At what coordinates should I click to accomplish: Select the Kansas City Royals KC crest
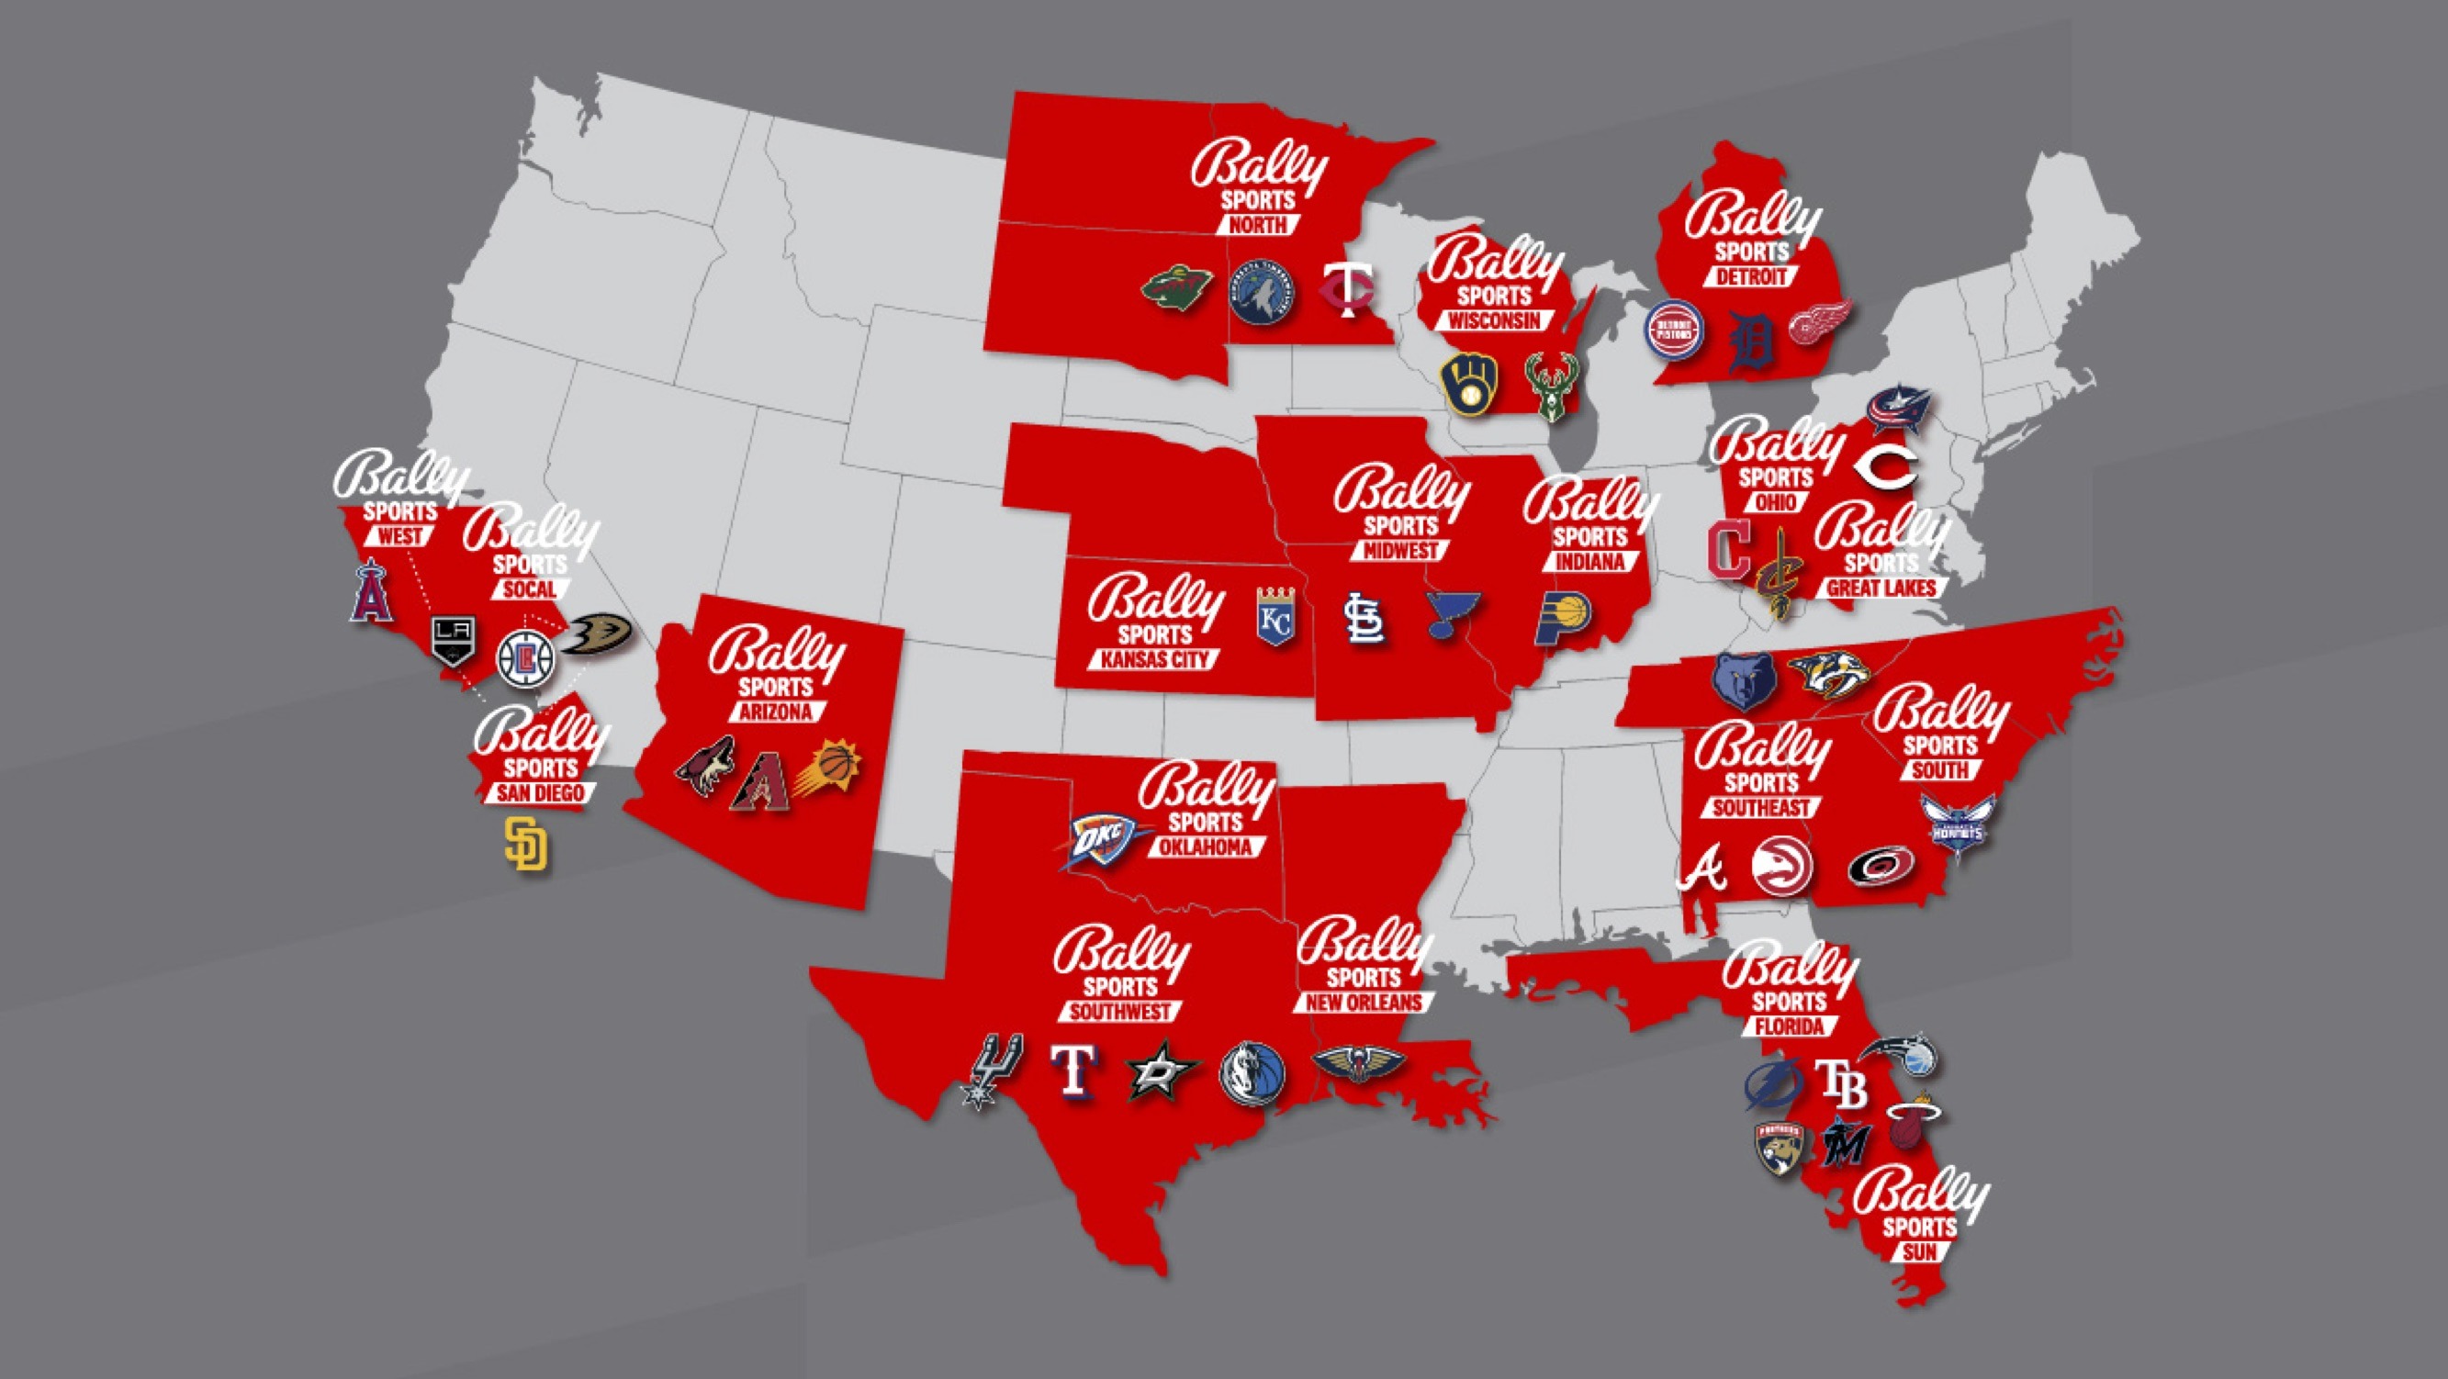tap(1276, 616)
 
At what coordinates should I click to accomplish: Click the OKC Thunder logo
tap(1100, 841)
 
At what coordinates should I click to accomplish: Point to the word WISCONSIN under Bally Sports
tap(1494, 321)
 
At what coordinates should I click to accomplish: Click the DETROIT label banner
tap(1750, 276)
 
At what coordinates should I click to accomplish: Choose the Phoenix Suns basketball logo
tap(828, 768)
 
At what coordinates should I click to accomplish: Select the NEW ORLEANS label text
tap(1362, 1003)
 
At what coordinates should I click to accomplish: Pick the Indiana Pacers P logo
tap(1565, 620)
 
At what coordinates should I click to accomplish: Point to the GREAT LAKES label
tap(1881, 589)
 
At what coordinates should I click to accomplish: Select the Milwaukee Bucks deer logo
tap(1549, 386)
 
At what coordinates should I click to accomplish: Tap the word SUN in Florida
tap(1920, 1252)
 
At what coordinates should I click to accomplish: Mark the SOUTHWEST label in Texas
tap(1121, 1012)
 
